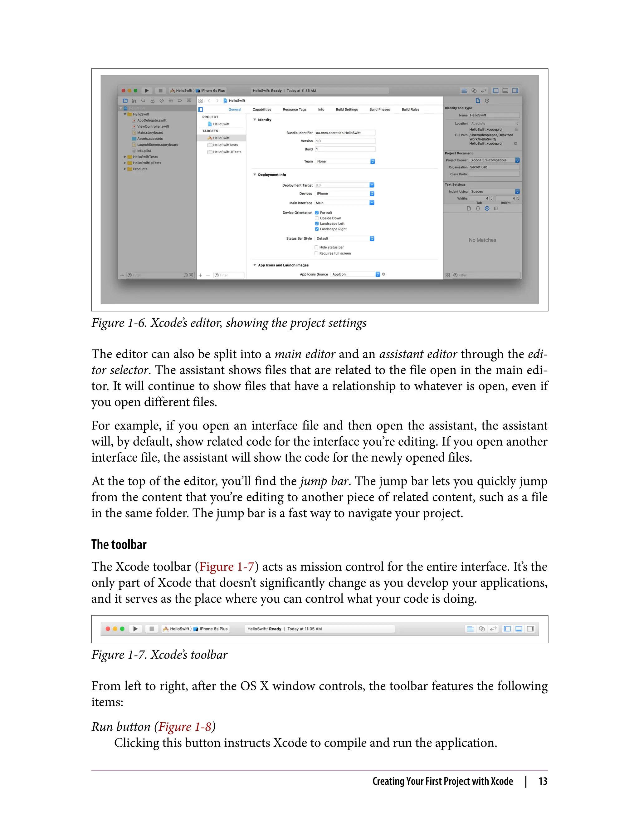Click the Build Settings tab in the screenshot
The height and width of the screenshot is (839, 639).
pos(347,110)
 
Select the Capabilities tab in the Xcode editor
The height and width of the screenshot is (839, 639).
pos(262,110)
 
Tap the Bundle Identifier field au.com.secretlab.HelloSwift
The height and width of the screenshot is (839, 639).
pos(344,133)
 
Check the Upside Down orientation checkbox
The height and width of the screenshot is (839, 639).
pos(316,218)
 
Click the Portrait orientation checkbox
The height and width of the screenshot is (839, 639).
pos(316,213)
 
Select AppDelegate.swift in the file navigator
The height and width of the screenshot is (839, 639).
pos(151,120)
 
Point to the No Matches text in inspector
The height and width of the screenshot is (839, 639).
pos(482,240)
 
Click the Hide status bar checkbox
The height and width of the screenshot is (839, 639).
pos(316,247)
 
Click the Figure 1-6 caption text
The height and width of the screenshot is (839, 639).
pos(229,323)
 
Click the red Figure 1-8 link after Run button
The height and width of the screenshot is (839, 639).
pos(184,727)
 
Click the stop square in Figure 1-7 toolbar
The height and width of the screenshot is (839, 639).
pos(151,629)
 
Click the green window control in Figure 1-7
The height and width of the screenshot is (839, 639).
pos(122,629)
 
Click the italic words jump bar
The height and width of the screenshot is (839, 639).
pos(324,481)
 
